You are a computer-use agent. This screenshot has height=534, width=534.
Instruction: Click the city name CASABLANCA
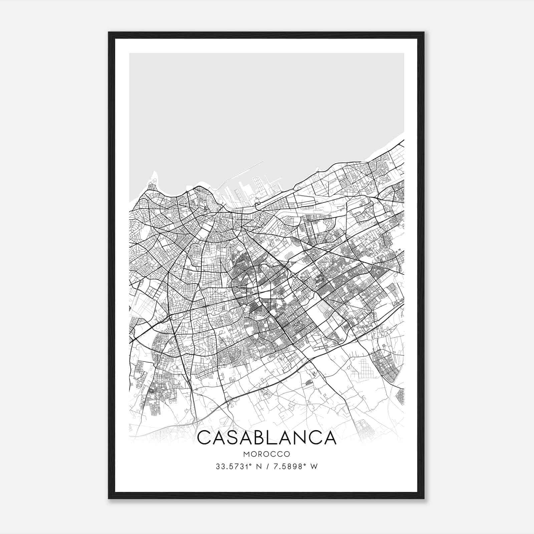point(267,438)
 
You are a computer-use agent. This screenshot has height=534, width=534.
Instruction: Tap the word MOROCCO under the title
point(267,454)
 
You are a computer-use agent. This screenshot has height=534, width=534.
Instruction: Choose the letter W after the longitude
point(314,467)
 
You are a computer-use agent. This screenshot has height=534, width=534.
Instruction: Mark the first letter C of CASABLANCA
point(204,438)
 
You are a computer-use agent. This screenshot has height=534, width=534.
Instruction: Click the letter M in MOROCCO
point(246,454)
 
